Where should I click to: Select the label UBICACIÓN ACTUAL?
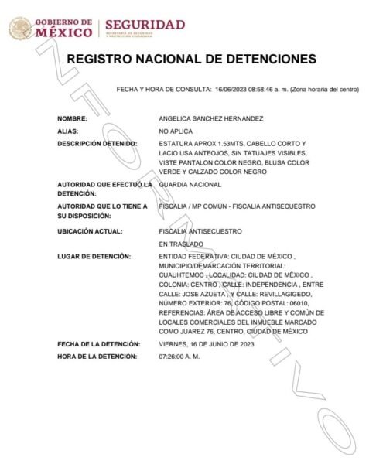90,230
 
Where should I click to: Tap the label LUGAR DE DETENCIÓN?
93,256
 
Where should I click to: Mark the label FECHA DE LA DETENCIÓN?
98,343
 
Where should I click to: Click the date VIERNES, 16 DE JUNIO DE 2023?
205,343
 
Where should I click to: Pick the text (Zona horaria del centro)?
327,89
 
